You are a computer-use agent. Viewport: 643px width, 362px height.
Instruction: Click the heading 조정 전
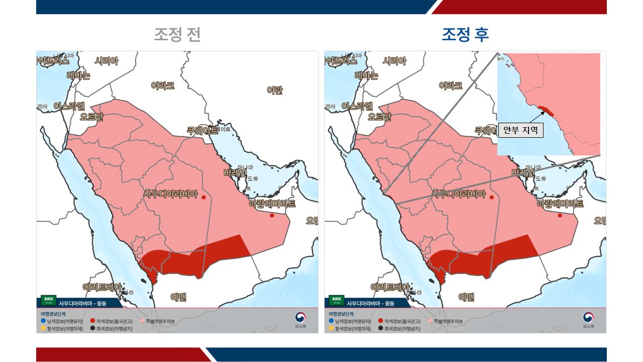coord(177,35)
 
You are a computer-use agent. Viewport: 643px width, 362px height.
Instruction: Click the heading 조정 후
coord(465,35)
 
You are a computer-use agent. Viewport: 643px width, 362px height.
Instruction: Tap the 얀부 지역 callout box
coord(520,130)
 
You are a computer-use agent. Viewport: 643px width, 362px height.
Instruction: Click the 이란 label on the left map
coord(274,90)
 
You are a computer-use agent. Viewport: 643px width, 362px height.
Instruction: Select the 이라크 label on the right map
coord(451,85)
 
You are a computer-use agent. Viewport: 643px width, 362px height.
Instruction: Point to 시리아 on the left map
coord(106,61)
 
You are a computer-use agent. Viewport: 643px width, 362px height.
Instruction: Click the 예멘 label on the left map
coord(178,297)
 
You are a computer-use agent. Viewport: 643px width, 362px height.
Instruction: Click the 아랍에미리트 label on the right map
coord(560,204)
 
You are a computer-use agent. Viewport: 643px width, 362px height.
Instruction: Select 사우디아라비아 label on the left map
coord(171,194)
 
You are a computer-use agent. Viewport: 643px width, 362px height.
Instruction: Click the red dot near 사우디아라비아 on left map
coord(203,198)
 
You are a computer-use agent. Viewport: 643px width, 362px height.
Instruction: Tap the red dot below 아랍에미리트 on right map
coord(560,216)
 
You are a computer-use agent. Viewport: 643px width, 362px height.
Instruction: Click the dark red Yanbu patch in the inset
coord(545,109)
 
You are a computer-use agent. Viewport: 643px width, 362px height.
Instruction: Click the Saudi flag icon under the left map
coord(49,301)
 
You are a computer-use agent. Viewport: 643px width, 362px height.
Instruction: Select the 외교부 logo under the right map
coord(588,319)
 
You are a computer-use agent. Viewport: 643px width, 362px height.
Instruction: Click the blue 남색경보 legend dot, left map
coord(43,321)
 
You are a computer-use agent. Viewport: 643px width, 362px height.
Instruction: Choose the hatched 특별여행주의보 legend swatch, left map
coord(142,321)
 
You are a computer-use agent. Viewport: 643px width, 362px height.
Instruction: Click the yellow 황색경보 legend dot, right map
coord(331,328)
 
